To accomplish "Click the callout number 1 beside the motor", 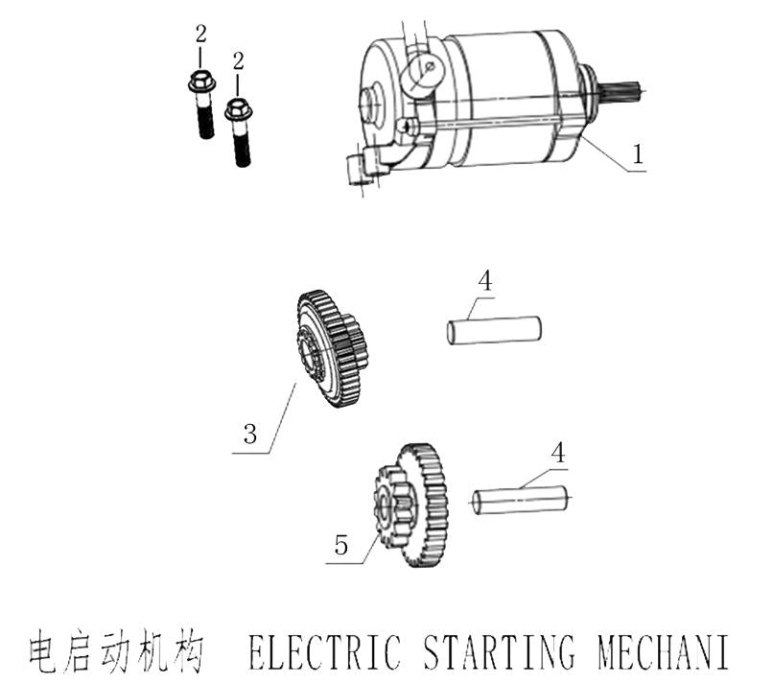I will click(638, 153).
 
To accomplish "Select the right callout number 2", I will click(238, 61).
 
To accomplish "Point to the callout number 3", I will click(249, 433).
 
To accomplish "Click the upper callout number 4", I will click(485, 281).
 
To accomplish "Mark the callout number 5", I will click(340, 546).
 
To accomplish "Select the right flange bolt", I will click(240, 131).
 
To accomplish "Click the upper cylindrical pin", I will click(495, 329).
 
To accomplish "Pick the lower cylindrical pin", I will click(522, 500).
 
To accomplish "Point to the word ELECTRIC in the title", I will click(324, 652).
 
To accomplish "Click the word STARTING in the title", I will click(498, 652).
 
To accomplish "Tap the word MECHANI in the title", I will click(663, 652).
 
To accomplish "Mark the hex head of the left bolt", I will click(200, 82).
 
